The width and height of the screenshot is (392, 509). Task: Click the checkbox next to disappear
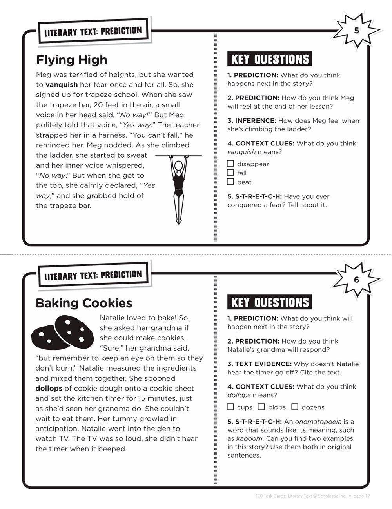pos(230,164)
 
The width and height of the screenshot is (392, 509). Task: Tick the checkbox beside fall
pos(230,173)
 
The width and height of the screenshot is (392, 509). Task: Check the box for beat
pos(230,182)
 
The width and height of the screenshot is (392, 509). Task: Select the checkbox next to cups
pos(230,407)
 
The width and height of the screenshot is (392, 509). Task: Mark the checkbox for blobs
pos(261,407)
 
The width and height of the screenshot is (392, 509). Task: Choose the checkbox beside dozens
pos(295,407)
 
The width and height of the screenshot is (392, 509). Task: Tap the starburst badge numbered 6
pos(356,280)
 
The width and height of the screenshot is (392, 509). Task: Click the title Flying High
pos(72,60)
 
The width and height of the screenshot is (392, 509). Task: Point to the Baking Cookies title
pos(84,303)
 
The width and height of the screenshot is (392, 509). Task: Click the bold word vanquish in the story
pos(62,84)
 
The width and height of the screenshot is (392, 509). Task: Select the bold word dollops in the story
pos(49,388)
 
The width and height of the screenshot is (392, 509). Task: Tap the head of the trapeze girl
pos(179,166)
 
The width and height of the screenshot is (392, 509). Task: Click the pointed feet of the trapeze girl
pos(179,220)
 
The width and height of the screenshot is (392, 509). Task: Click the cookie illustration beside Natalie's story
pos(63,333)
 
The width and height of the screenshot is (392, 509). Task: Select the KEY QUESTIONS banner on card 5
pos(270,59)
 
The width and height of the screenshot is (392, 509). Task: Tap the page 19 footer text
pos(361,496)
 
